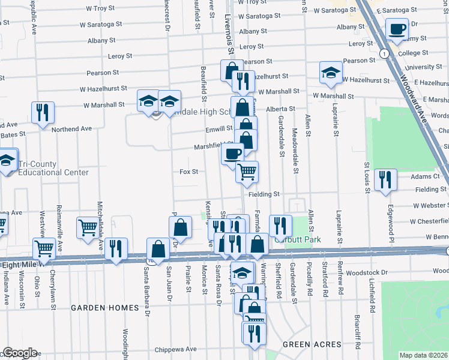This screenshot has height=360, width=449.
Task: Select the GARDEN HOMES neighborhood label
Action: coord(105,308)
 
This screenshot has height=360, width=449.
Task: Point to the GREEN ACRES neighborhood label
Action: coord(312,344)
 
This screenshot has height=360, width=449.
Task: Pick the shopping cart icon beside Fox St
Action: coord(247,172)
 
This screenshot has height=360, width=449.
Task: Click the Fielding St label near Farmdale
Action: coord(265,194)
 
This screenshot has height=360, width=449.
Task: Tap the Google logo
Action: coord(20,353)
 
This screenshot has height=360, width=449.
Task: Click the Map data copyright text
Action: coord(423,355)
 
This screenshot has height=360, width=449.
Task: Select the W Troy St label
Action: coord(100,9)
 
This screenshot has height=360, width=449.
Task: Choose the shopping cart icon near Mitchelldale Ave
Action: coord(88,227)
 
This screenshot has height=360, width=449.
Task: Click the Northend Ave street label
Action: coord(71,128)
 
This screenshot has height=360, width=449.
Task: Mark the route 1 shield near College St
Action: coord(383,54)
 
